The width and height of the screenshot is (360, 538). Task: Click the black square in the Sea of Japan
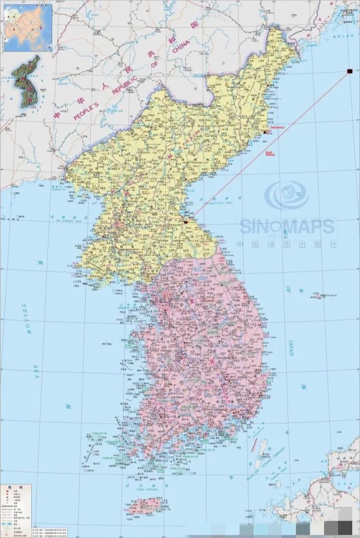tap(349, 71)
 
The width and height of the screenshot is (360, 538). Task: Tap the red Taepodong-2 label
tap(276, 127)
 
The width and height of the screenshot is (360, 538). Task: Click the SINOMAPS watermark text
tap(286, 226)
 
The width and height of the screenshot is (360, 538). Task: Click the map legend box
tap(16, 511)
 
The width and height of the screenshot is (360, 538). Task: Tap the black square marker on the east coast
tap(185, 222)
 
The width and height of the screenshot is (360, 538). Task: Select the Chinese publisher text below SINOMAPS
tap(286, 243)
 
